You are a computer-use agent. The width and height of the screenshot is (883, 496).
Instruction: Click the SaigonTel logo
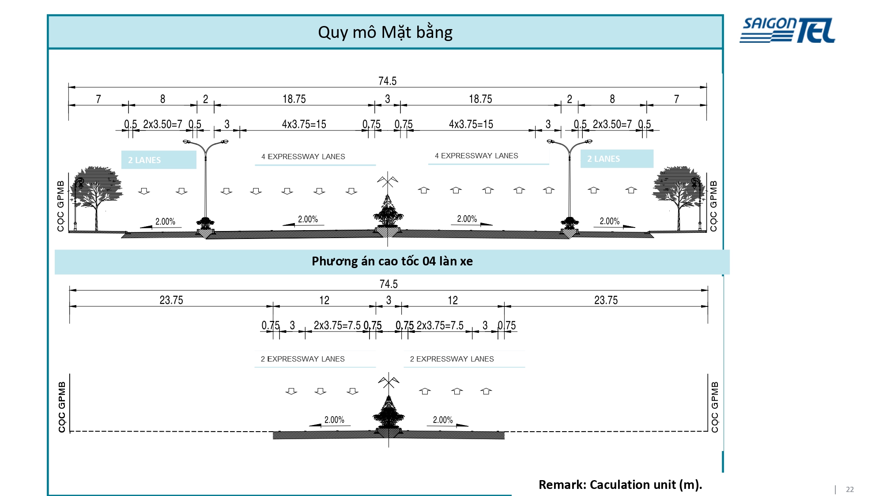pyautogui.click(x=787, y=30)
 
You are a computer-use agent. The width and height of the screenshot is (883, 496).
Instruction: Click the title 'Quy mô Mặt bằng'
pyautogui.click(x=385, y=33)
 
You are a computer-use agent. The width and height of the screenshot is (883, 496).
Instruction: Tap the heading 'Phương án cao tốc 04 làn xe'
pyautogui.click(x=392, y=261)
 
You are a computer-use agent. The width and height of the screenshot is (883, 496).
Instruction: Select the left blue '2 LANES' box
pyautogui.click(x=159, y=160)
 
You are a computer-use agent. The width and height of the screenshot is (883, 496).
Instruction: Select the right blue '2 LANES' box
pyautogui.click(x=617, y=159)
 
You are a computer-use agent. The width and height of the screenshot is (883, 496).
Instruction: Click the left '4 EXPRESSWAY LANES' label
pyautogui.click(x=303, y=157)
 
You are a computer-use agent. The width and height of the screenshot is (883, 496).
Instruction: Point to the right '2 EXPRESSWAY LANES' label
pyautogui.click(x=452, y=359)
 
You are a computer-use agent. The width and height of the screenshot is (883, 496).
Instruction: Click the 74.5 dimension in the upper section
pyautogui.click(x=388, y=81)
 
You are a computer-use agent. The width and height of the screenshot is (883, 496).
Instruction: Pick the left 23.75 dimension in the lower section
pyautogui.click(x=171, y=300)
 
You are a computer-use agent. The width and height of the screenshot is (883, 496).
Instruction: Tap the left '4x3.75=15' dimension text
pyautogui.click(x=304, y=124)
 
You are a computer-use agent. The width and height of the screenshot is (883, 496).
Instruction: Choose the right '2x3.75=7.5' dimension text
pyautogui.click(x=440, y=325)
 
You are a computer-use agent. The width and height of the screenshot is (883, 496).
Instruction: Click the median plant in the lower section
pyautogui.click(x=389, y=412)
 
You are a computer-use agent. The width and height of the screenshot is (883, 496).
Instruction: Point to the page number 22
pyautogui.click(x=850, y=489)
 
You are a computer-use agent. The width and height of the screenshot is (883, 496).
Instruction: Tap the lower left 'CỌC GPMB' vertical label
pyautogui.click(x=62, y=407)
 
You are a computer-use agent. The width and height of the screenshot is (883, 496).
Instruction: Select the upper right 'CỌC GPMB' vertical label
pyautogui.click(x=713, y=206)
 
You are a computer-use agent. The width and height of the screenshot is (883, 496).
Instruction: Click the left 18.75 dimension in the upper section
pyautogui.click(x=294, y=99)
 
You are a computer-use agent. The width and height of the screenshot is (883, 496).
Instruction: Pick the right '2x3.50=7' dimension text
pyautogui.click(x=612, y=124)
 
